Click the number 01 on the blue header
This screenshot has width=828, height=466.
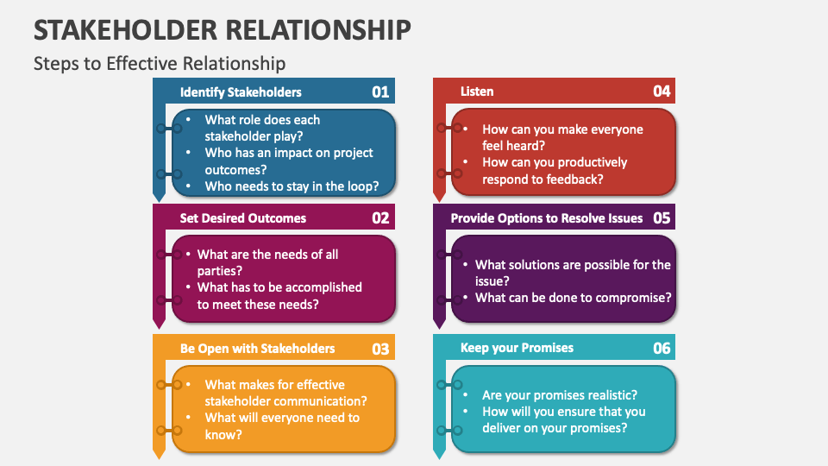pos(380,91)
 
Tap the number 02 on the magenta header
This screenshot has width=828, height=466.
pos(380,218)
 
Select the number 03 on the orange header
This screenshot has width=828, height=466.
pos(380,349)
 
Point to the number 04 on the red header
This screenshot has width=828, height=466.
pos(661,91)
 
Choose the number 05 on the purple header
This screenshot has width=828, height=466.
pos(661,218)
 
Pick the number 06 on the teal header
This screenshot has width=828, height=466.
pos(661,349)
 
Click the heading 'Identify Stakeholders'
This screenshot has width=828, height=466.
pos(241,91)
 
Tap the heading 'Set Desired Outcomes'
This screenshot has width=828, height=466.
pos(242,218)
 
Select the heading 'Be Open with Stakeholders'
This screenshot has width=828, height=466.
pos(257,349)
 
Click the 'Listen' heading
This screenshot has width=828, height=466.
pos(477,91)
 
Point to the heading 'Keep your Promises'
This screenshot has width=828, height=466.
pos(517,349)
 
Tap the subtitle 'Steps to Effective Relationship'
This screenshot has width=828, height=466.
pos(159,63)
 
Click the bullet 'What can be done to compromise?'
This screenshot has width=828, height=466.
pos(573,298)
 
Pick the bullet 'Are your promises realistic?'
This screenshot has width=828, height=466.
pos(559,395)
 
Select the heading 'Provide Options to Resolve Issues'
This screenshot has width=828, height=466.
pos(547,218)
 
